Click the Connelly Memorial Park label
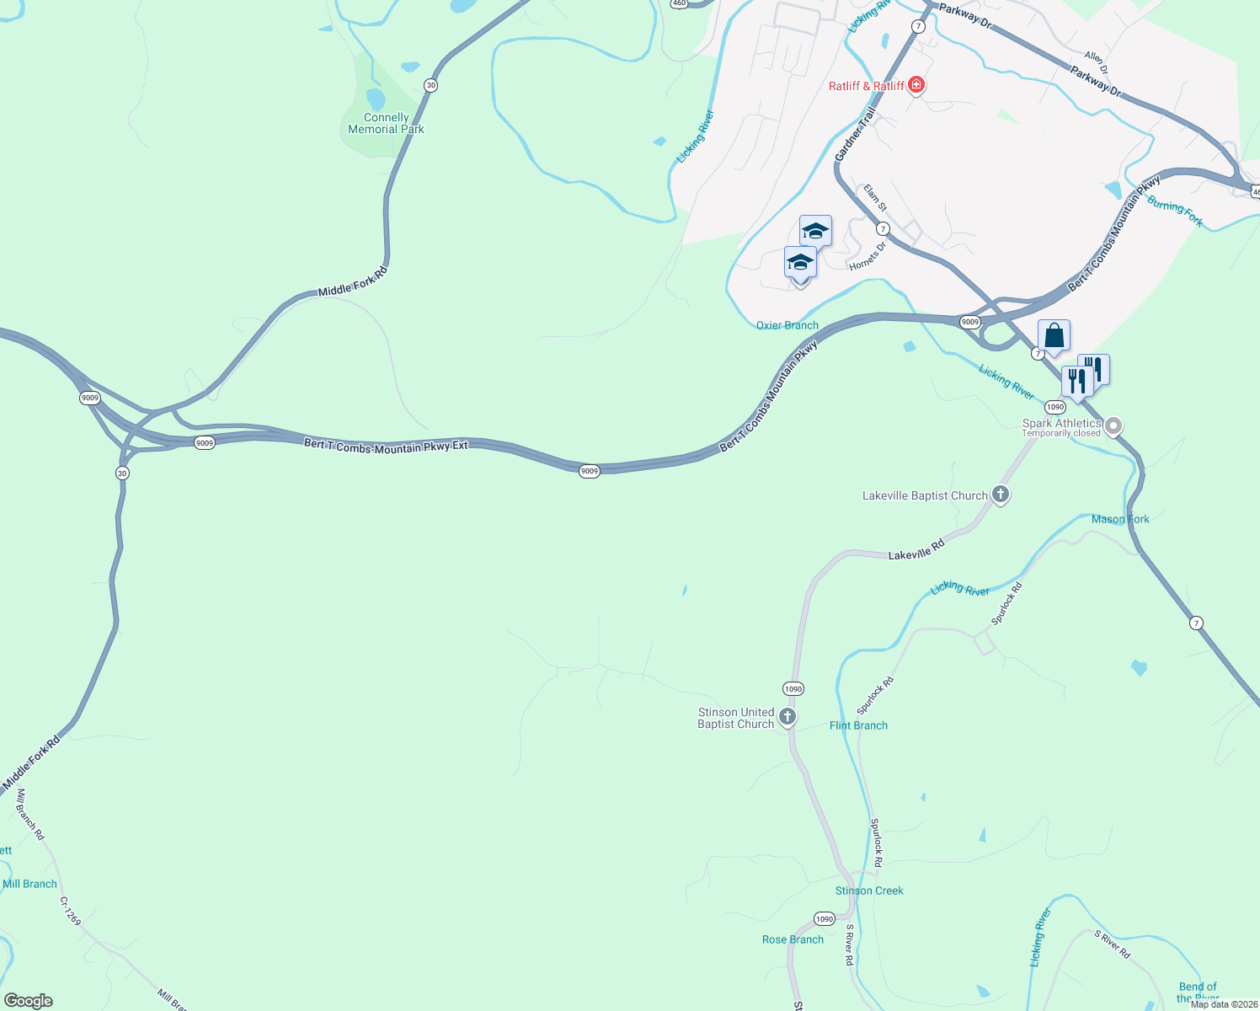click(x=386, y=124)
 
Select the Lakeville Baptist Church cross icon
click(x=1001, y=495)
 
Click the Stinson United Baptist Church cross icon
click(x=787, y=717)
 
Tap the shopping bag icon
click(x=1054, y=336)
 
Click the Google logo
click(x=29, y=1001)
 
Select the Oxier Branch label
click(x=787, y=325)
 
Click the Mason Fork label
click(x=1120, y=519)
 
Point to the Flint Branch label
click(x=858, y=725)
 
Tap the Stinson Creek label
click(x=869, y=891)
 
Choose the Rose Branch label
click(x=793, y=939)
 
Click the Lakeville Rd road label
click(x=916, y=550)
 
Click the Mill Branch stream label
click(x=29, y=884)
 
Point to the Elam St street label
click(x=875, y=198)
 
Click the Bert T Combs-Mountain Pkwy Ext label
click(x=386, y=445)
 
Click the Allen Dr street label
click(x=1096, y=61)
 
